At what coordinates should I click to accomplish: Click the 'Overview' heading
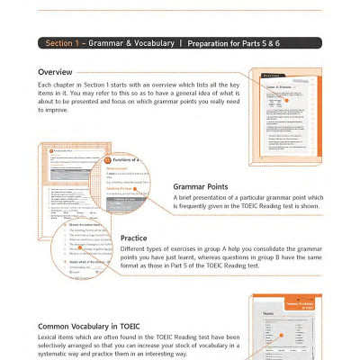57,72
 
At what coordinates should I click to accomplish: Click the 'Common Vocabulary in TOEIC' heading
92,326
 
